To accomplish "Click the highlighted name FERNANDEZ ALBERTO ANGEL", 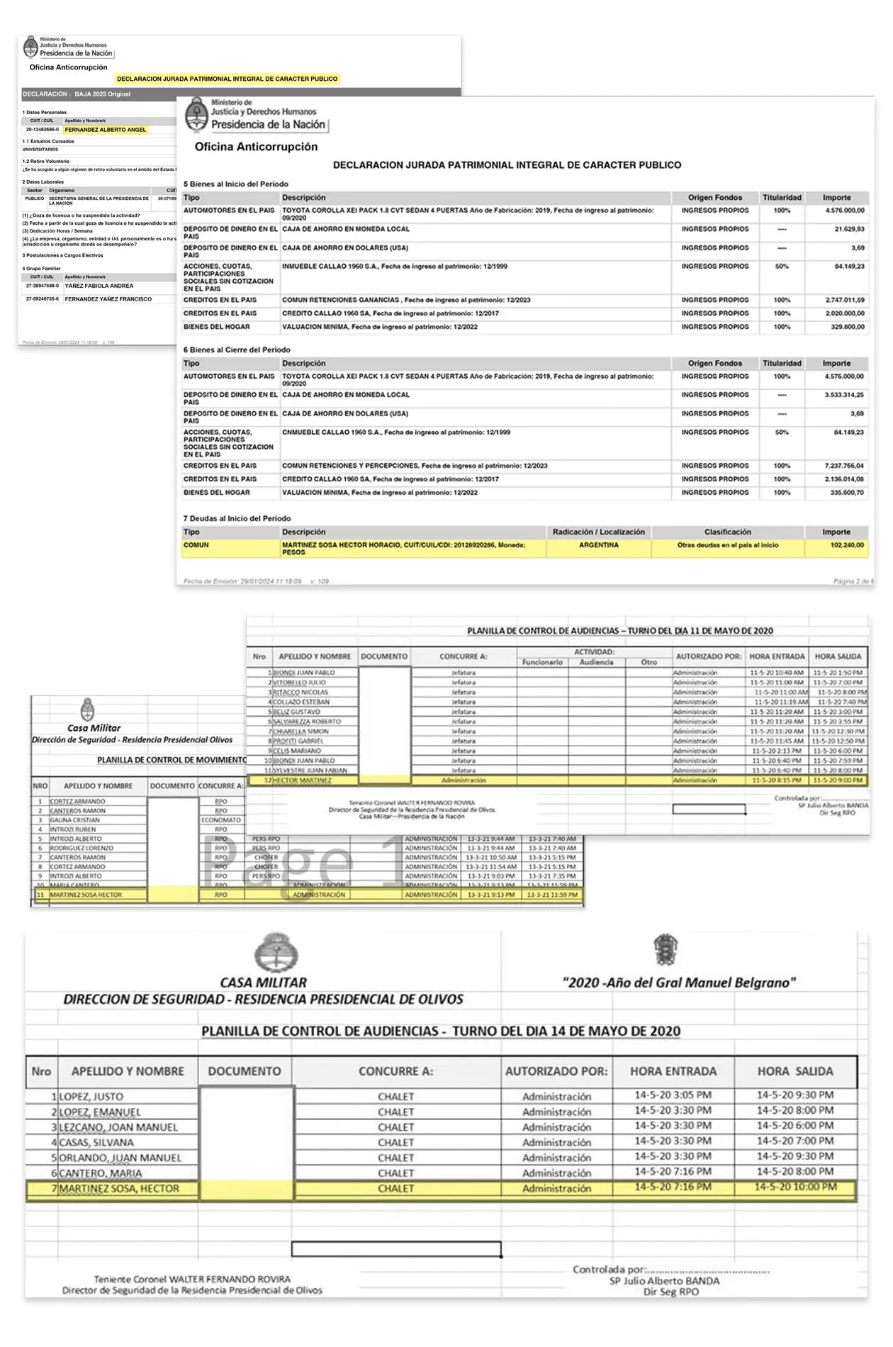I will pos(105,130).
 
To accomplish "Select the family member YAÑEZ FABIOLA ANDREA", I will pos(99,286).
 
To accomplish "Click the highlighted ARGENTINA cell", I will pos(598,545).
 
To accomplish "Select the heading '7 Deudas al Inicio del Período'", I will pos(237,518).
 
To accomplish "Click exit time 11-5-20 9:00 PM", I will pos(838,781).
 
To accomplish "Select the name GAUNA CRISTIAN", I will pos(74,820).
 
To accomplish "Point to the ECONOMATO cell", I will pos(221,820).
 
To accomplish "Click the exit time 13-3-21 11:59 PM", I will pos(551,895).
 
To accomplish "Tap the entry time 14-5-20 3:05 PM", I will pos(673,1095).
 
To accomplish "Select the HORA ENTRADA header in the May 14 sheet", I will pos(673,1071).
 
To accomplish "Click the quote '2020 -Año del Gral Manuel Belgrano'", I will pos(679,983).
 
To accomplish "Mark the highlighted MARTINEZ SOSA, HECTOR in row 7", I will pos(119,1188).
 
